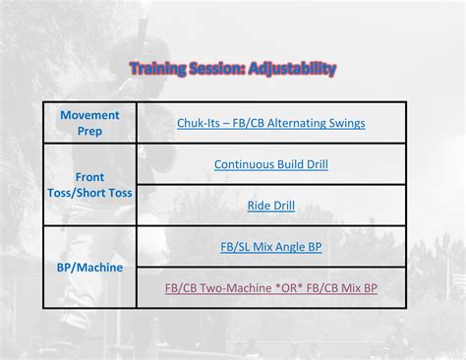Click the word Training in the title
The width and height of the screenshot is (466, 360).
coord(159,69)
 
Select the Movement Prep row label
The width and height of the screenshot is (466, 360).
coord(89,123)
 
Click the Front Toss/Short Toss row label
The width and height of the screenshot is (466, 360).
coord(89,185)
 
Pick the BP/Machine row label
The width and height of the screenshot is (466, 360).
coord(89,267)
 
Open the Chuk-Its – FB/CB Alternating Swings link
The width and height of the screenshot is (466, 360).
coord(270,123)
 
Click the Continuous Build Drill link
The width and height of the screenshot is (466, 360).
coord(270,164)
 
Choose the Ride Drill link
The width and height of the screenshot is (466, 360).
coord(270,206)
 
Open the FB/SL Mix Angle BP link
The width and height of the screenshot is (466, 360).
coord(270,247)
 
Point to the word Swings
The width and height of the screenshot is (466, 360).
coord(346,123)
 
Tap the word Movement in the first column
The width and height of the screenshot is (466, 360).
coord(89,115)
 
